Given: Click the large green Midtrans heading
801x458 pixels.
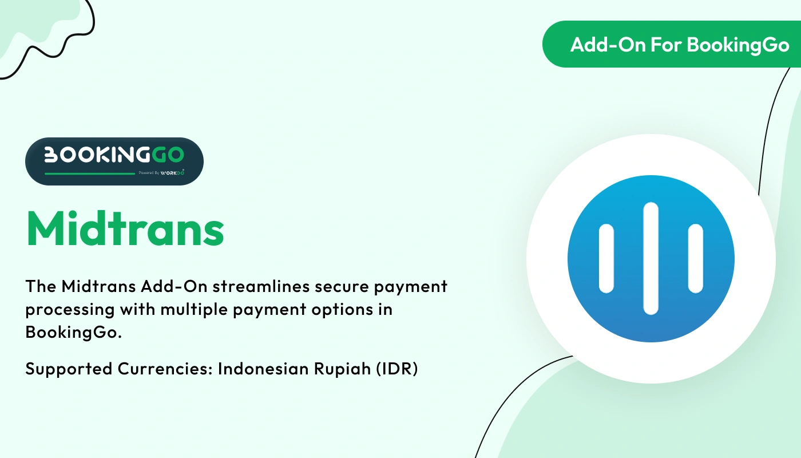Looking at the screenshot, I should pos(125,228).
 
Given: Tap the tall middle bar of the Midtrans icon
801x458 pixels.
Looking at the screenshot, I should pos(651,259).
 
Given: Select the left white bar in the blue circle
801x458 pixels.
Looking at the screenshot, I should pos(606,259).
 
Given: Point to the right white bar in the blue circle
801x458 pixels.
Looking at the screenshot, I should pos(695,259).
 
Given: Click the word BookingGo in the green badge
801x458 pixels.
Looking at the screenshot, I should pos(738,45).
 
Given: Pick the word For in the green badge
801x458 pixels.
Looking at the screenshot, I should pos(665,45).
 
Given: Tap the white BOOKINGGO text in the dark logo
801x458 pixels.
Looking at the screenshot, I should pos(114,155).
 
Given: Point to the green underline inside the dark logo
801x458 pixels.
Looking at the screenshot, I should pos(90,173).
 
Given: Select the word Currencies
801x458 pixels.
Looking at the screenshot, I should pos(166,369).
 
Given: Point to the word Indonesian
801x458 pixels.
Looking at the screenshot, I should pos(264,369).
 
